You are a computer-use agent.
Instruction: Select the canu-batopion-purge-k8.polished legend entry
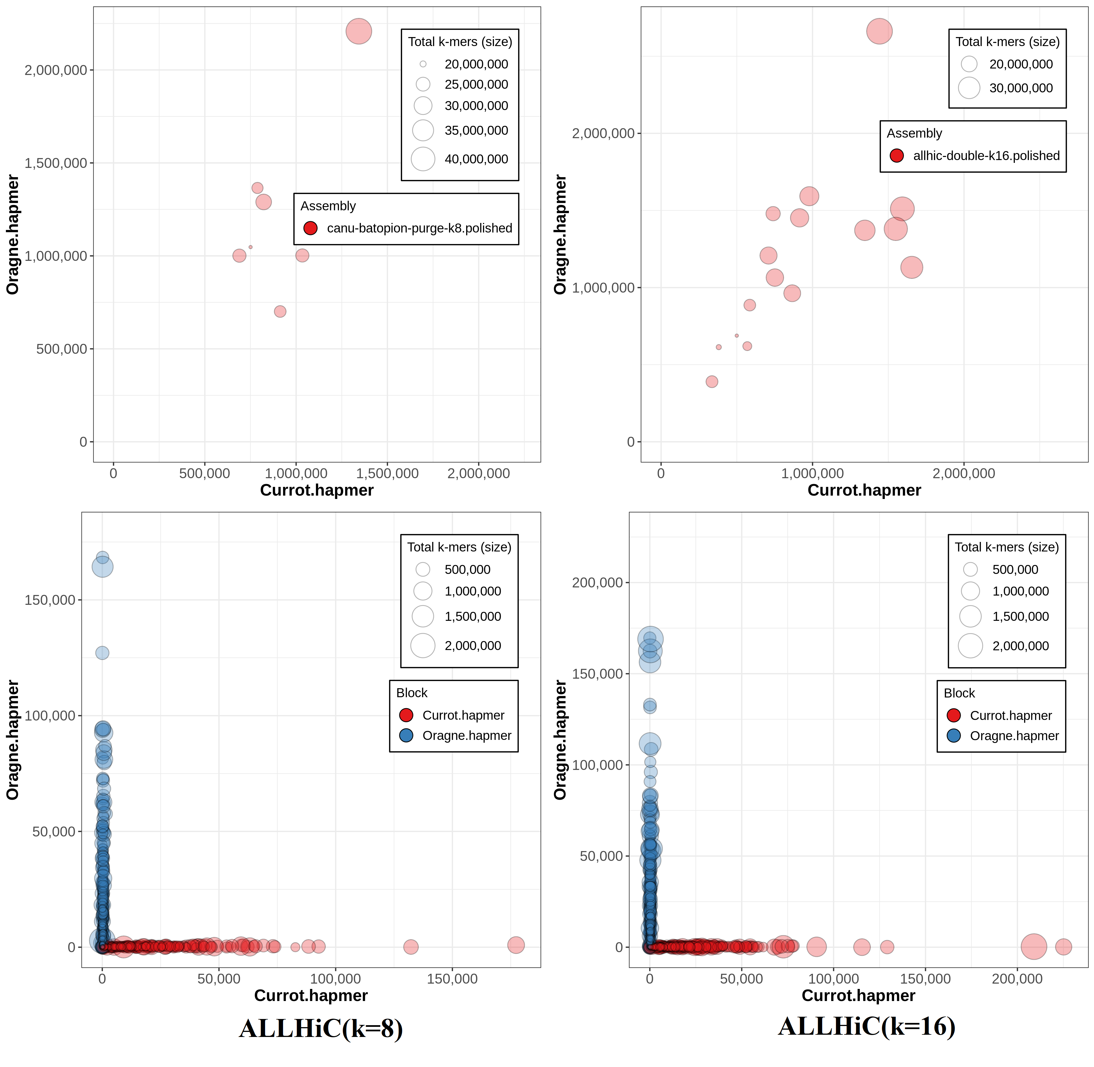pyautogui.click(x=419, y=228)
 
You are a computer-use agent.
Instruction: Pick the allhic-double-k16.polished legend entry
pyautogui.click(x=986, y=156)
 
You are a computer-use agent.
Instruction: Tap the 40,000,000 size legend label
pyautogui.click(x=476, y=159)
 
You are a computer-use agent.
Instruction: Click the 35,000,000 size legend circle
pyautogui.click(x=423, y=131)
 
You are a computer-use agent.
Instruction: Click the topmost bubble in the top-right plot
pyautogui.click(x=879, y=31)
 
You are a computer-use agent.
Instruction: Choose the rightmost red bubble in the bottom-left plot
pyautogui.click(x=516, y=945)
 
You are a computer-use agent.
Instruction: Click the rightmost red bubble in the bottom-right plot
pyautogui.click(x=1063, y=947)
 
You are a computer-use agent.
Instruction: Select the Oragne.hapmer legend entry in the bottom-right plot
pyautogui.click(x=1014, y=736)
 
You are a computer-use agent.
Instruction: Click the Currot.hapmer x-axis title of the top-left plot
pyautogui.click(x=317, y=490)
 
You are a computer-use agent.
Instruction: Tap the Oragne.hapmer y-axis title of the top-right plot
pyautogui.click(x=560, y=234)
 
